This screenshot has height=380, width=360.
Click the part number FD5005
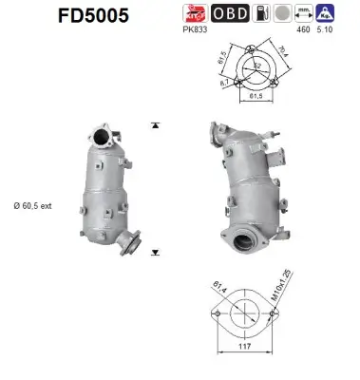pyautogui.click(x=67, y=16)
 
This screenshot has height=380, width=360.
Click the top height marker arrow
pyautogui.click(x=154, y=125)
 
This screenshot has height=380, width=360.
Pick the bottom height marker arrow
pyautogui.click(x=154, y=253)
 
